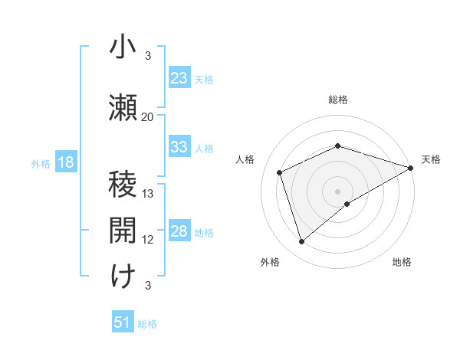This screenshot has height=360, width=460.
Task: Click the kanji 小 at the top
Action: (123, 47)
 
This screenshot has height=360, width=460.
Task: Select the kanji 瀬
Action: (123, 107)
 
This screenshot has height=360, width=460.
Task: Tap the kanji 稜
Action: (123, 185)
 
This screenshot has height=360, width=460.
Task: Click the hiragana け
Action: (123, 277)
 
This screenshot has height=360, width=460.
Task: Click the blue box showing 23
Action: (179, 78)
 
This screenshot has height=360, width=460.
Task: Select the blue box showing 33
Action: (179, 147)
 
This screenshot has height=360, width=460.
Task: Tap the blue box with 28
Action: (179, 231)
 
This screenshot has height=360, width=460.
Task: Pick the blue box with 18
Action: (65, 162)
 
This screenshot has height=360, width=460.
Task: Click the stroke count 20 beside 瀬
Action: (148, 117)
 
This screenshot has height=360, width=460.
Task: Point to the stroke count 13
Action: (148, 194)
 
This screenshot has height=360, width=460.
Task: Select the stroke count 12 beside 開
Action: (148, 240)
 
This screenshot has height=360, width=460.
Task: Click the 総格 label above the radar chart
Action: (338, 100)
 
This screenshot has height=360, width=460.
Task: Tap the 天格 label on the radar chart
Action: (431, 159)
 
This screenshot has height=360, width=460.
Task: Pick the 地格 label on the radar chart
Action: (402, 262)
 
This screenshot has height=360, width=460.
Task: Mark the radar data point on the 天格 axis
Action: (411, 167)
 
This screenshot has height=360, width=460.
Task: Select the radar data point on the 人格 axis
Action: (280, 172)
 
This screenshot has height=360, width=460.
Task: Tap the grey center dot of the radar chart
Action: (338, 191)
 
